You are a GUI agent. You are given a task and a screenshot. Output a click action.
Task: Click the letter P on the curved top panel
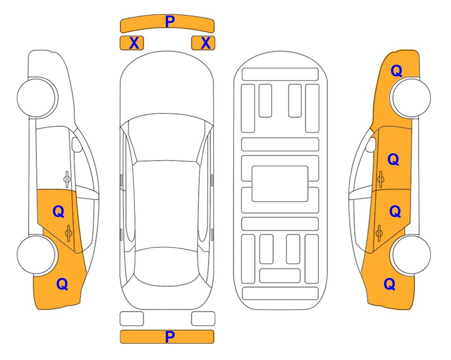click(x=170, y=22)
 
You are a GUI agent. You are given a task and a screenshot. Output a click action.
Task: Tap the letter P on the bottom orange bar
click(x=170, y=337)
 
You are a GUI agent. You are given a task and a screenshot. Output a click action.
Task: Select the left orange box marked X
click(x=132, y=43)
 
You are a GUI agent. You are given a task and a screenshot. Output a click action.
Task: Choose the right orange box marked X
click(x=203, y=43)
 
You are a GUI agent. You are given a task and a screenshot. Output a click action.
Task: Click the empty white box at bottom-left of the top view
click(x=132, y=319)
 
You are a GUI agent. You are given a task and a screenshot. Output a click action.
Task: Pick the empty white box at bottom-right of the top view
click(x=203, y=319)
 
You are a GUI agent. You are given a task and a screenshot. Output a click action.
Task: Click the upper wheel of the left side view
click(x=36, y=97)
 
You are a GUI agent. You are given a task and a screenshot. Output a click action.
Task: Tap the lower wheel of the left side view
click(x=36, y=255)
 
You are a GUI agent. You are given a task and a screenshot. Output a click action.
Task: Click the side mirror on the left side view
click(x=76, y=144)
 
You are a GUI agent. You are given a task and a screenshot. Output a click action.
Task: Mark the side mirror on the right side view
click(x=371, y=144)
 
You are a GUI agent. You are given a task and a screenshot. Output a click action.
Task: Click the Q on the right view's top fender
click(x=396, y=71)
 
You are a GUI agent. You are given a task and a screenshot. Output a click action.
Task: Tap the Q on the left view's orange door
click(x=59, y=212)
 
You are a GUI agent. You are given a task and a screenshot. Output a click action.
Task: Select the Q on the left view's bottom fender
click(x=62, y=284)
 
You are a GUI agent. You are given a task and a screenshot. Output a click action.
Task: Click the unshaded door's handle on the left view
click(x=67, y=179)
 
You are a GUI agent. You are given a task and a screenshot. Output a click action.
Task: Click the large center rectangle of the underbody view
click(x=280, y=184)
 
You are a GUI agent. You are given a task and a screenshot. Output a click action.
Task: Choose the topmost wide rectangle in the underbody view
click(x=280, y=75)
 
